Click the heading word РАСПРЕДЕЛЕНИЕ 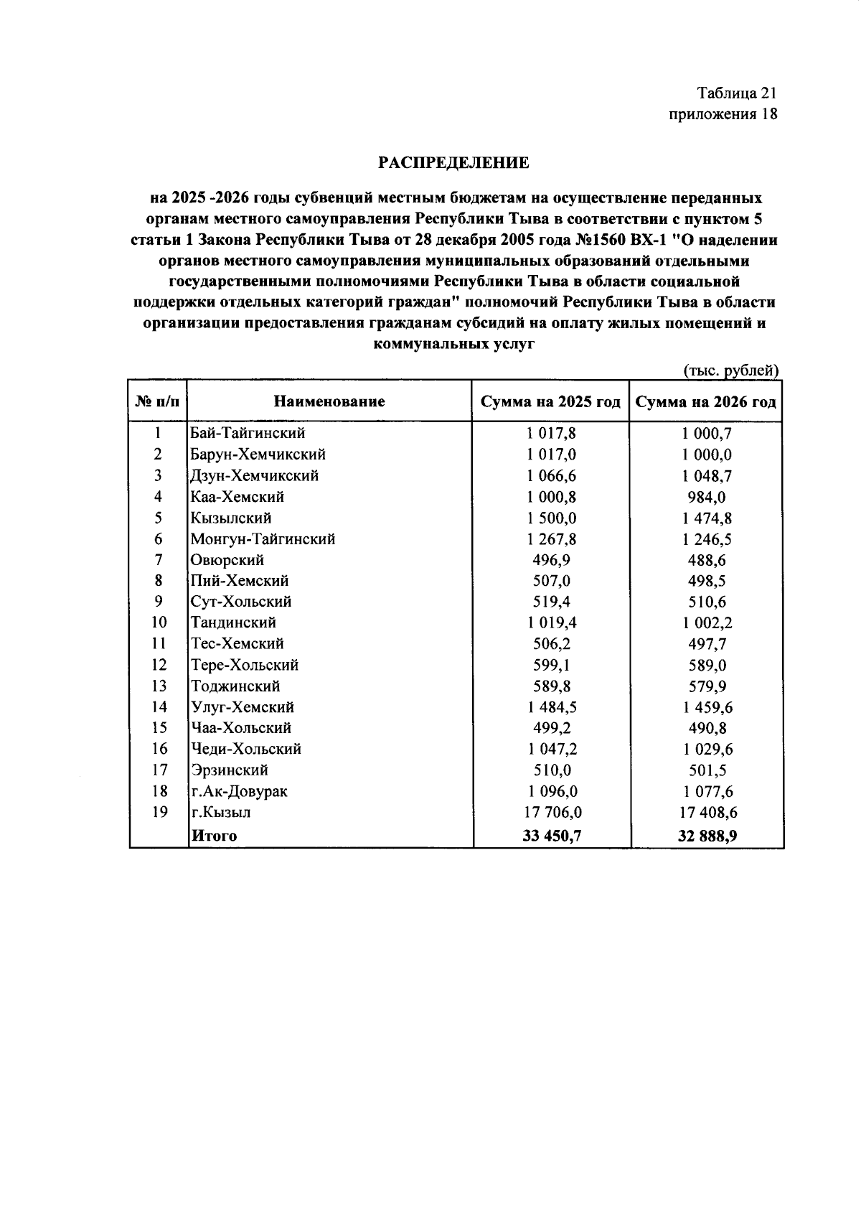453,163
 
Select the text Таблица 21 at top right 737,93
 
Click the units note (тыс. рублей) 730,370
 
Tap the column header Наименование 329,401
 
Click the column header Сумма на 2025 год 550,401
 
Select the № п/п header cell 157,401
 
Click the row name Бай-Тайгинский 248,433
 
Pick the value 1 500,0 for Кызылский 551,518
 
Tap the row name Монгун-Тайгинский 263,538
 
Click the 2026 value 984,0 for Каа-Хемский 707,497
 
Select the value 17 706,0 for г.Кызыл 551,812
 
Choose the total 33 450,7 551,835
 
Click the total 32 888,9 707,835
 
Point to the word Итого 213,835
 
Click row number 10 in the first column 159,622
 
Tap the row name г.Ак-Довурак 239,791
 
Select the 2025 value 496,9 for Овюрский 551,559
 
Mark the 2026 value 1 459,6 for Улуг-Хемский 707,707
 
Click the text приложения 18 723,114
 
